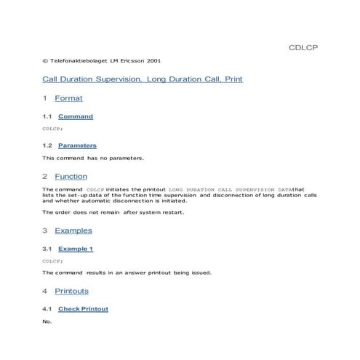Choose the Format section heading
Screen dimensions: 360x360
tap(68, 98)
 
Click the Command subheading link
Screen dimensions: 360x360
tap(76, 116)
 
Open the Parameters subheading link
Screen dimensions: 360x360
tap(77, 145)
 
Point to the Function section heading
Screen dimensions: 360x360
tap(71, 176)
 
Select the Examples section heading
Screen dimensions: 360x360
tap(73, 231)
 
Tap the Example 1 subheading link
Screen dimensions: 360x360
tap(76, 249)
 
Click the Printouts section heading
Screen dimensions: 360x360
tap(71, 291)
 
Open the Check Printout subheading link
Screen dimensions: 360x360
tap(83, 309)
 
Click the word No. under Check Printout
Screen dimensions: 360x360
tap(47, 321)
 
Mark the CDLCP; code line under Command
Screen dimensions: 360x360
tap(52, 128)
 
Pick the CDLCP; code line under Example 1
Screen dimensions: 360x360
tap(52, 260)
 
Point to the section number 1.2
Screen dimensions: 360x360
tap(47, 145)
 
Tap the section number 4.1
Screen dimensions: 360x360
tap(47, 309)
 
